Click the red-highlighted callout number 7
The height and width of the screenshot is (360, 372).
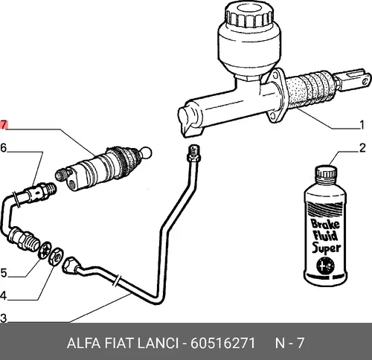point(4,125)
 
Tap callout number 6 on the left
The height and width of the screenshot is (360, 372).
point(4,148)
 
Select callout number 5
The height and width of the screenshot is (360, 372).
point(4,273)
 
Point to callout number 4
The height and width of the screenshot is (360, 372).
point(3,295)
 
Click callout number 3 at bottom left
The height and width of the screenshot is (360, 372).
point(4,318)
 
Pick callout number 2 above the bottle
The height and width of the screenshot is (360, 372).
point(362,148)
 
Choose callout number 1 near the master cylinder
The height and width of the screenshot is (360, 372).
point(362,125)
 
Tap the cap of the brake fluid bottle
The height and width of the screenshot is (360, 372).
point(326,172)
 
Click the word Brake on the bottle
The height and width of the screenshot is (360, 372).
point(325,223)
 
